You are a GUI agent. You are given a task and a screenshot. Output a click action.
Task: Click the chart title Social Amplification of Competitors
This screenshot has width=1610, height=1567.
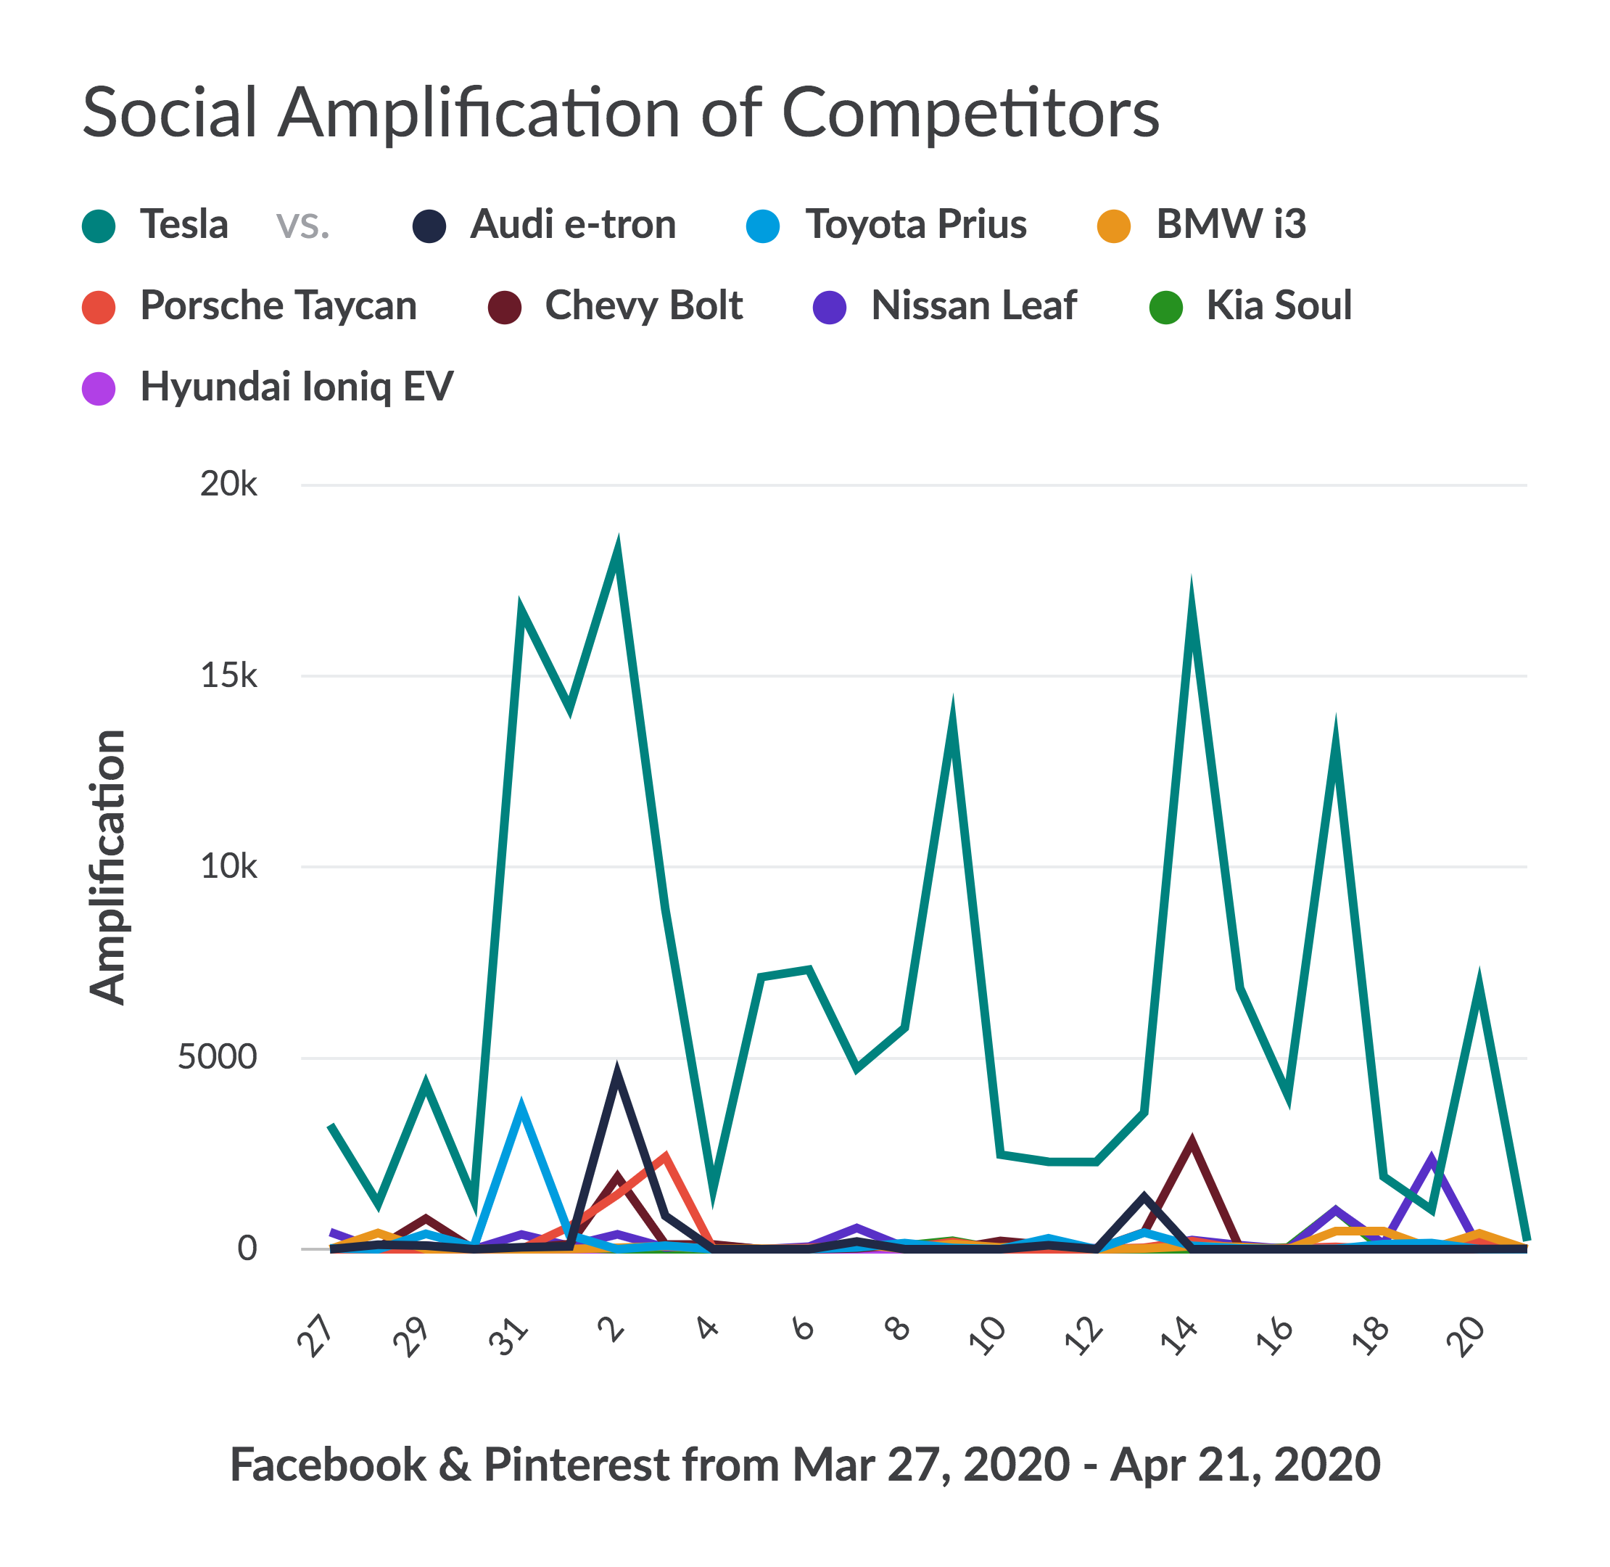point(620,112)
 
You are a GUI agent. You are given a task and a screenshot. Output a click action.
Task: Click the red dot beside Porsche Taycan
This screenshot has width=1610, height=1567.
point(99,307)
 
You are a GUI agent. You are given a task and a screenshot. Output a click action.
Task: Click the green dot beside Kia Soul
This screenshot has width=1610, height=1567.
point(1165,307)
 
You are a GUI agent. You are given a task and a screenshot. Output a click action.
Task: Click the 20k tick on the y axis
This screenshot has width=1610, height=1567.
point(228,484)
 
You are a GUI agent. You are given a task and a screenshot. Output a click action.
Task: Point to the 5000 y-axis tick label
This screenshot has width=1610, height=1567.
point(217,1057)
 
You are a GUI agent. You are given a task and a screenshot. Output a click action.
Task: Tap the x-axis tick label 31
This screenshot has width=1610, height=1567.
point(508,1336)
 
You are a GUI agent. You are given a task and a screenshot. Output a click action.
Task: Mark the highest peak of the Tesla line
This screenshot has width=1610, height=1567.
point(617,550)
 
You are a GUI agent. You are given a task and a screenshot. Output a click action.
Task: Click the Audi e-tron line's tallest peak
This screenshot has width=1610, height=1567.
point(617,1074)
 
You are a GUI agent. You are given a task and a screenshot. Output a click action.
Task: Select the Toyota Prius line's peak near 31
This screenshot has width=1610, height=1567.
point(521,1107)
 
